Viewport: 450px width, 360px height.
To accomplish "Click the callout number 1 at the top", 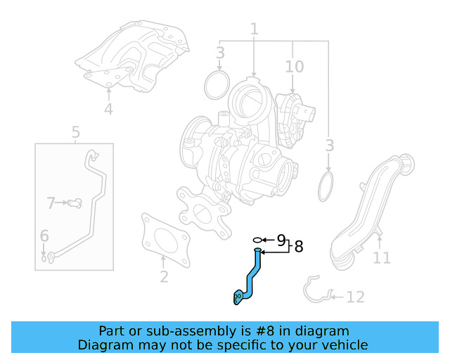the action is coord(255,29).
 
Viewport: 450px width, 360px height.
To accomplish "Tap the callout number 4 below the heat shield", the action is coord(108,109).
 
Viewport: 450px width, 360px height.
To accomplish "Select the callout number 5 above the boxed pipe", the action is coord(75,132).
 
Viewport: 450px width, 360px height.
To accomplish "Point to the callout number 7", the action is coord(51,202).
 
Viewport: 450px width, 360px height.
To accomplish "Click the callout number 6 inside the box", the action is coord(44,236).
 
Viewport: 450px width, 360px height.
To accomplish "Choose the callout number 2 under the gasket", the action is coord(164,277).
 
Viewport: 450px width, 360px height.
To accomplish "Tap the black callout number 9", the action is coord(281,240).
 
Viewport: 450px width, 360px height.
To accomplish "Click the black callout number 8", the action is coord(299,247).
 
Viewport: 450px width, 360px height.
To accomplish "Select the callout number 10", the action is coord(295,67).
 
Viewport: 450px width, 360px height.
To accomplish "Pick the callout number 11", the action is coord(382,257).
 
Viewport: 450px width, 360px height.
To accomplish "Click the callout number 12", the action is coord(356,297).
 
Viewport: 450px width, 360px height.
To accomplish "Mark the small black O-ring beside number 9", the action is coord(258,240).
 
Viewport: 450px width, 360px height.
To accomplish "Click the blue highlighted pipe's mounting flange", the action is coord(238,297).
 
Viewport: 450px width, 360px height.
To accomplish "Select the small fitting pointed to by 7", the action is coord(75,203).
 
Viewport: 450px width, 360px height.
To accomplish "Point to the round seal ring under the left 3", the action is coord(206,85).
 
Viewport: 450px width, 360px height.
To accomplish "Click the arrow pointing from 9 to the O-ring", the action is coord(269,240).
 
